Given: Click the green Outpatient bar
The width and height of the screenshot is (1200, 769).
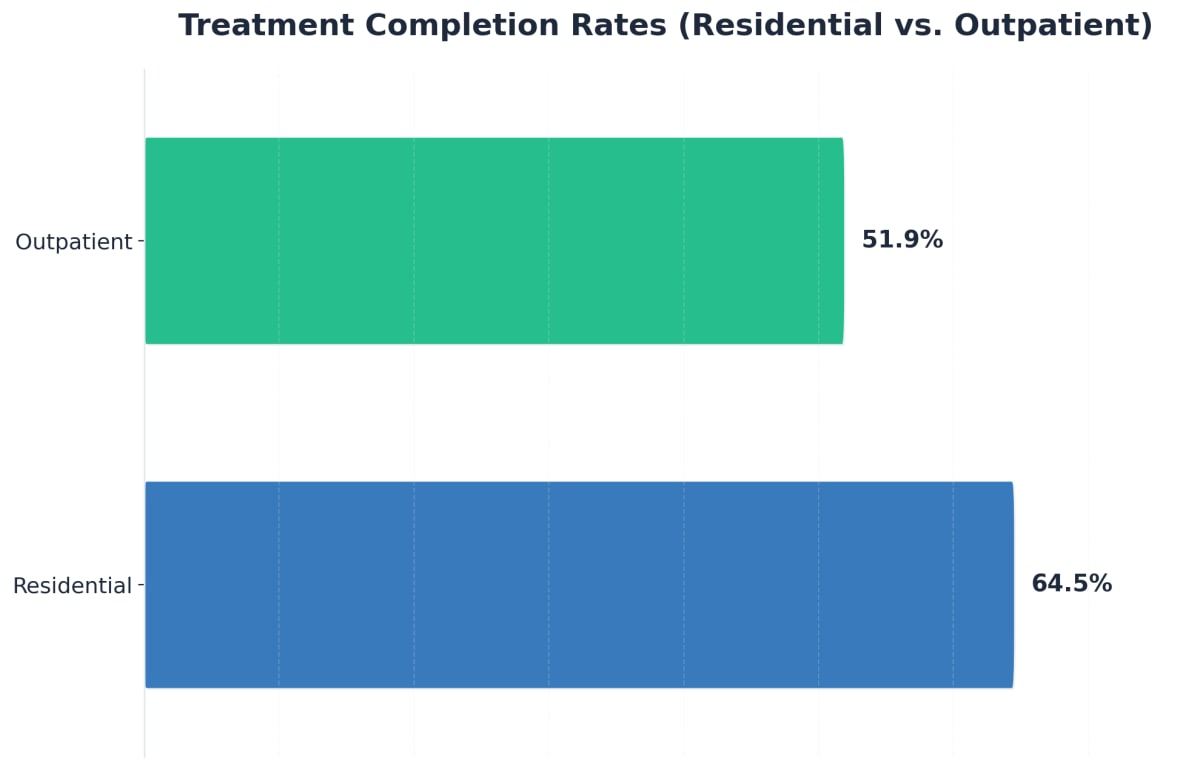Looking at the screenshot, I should pyautogui.click(x=494, y=241).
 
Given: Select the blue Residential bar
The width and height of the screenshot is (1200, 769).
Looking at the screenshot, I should pyautogui.click(x=579, y=585).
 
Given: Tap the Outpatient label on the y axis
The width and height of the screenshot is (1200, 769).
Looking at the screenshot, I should pyautogui.click(x=73, y=242).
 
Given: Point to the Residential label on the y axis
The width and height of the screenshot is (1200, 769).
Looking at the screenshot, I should pyautogui.click(x=72, y=586).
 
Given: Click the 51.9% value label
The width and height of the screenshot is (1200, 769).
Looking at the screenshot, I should pyautogui.click(x=902, y=240).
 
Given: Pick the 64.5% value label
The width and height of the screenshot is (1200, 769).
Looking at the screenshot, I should pyautogui.click(x=1071, y=584).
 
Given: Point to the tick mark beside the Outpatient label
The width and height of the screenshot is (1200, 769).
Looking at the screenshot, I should pyautogui.click(x=141, y=241).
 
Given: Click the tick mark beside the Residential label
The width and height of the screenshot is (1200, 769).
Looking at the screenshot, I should pyautogui.click(x=141, y=585).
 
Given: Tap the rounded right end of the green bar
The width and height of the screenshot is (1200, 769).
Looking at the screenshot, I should pyautogui.click(x=841, y=241).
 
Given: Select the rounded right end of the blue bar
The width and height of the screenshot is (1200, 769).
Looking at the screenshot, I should pyautogui.click(x=1011, y=585).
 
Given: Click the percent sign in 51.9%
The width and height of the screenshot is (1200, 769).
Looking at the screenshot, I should pyautogui.click(x=931, y=240).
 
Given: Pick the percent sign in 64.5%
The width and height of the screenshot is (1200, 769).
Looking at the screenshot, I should pyautogui.click(x=1100, y=584).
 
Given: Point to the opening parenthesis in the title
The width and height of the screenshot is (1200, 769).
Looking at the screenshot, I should pyautogui.click(x=684, y=26).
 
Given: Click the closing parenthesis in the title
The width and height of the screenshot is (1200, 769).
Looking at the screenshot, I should pyautogui.click(x=1147, y=26).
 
